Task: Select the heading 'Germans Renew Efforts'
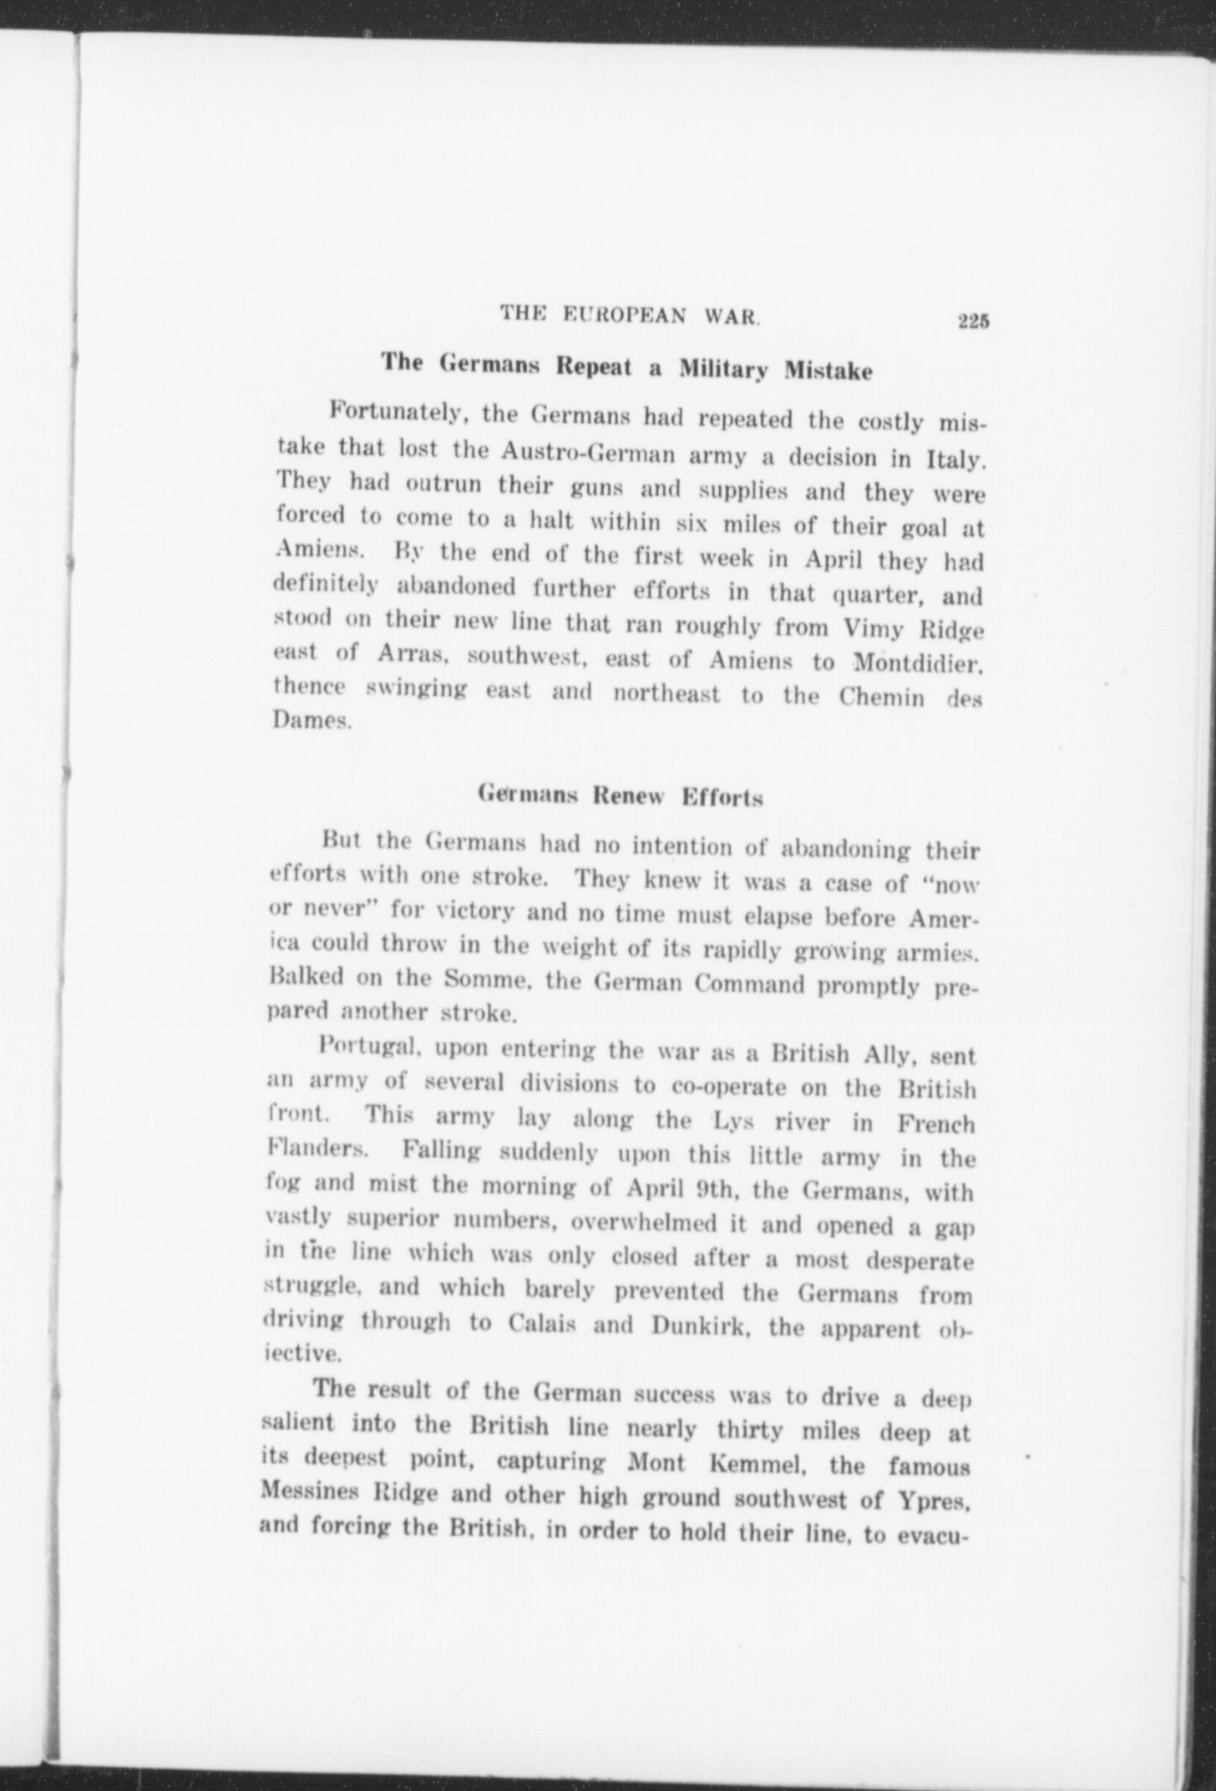point(621,795)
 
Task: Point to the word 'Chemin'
point(881,698)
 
